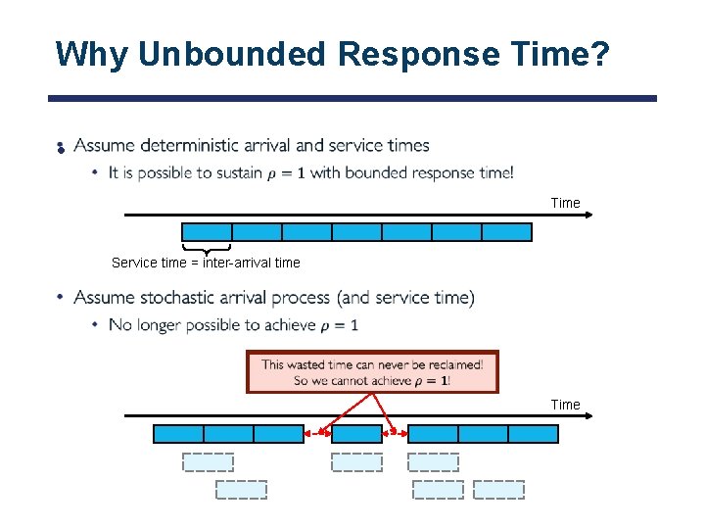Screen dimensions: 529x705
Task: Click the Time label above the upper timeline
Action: tap(565, 203)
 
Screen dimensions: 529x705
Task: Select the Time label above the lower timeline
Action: tap(565, 405)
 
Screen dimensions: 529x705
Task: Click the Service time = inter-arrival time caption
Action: tap(206, 263)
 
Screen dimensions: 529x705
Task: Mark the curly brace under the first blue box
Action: tap(207, 248)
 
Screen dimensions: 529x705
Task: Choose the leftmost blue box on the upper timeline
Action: tap(207, 232)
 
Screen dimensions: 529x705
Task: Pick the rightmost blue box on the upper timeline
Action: tap(506, 232)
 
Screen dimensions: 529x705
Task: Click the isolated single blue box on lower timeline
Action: tap(356, 433)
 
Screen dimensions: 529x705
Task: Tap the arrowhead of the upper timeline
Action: tap(587, 215)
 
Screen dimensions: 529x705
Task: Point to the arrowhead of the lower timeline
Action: tap(587, 415)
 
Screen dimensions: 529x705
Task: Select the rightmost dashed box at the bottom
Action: tap(498, 489)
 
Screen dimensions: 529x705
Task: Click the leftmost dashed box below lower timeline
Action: tap(208, 462)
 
